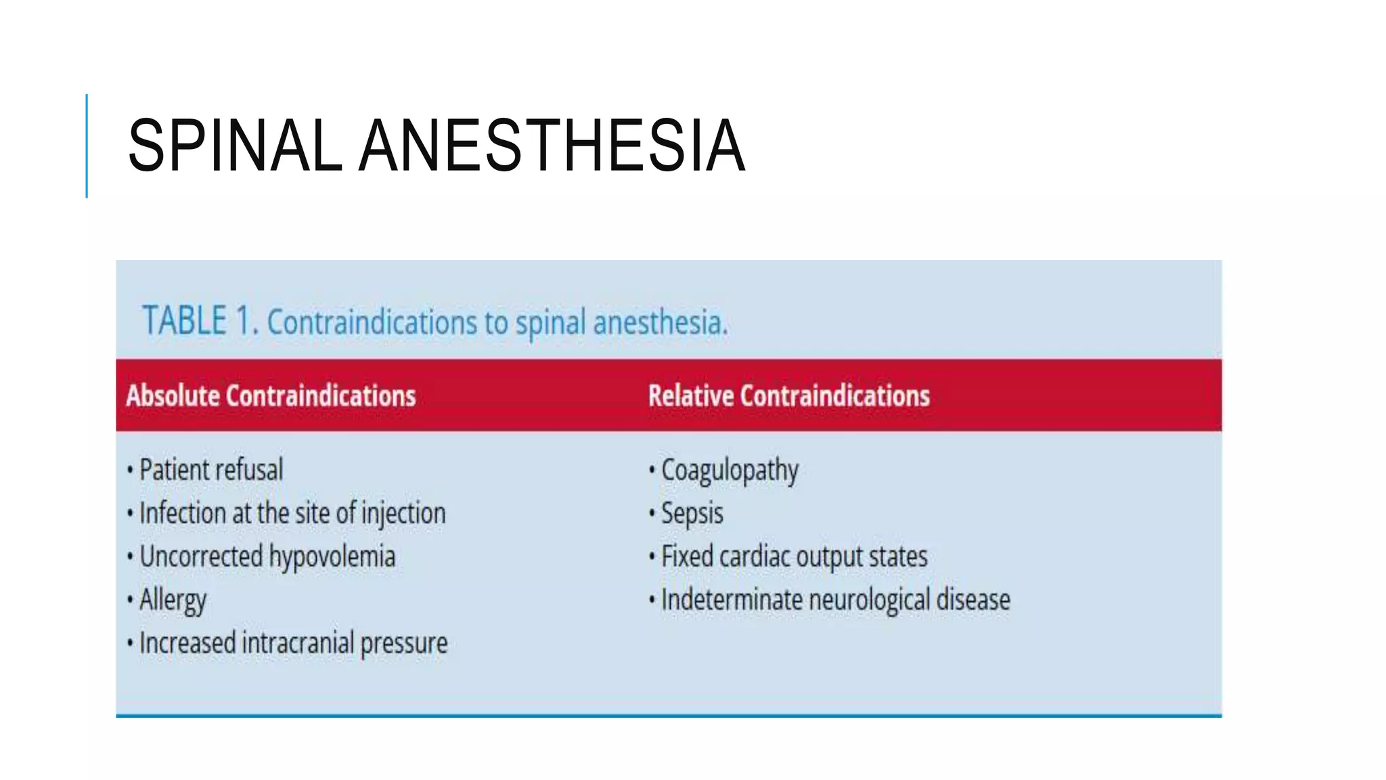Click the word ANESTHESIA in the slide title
(x=552, y=146)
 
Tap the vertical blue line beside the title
(x=87, y=146)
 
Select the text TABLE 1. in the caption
(x=200, y=321)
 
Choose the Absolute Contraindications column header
(x=271, y=395)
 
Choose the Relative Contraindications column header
(x=788, y=395)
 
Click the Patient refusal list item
(x=211, y=470)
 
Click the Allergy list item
(x=173, y=601)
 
